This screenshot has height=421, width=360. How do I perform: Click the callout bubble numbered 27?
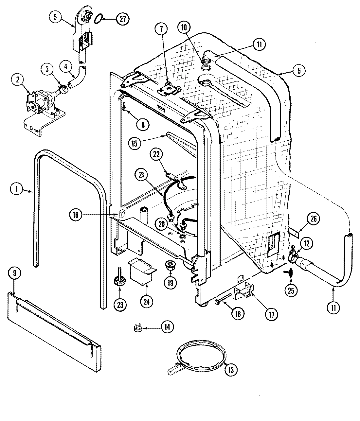(122, 19)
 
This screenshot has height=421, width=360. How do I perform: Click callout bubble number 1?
(16, 188)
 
